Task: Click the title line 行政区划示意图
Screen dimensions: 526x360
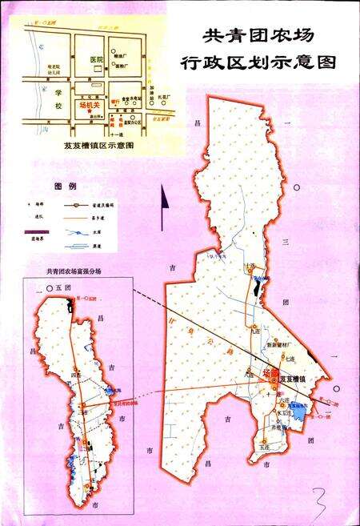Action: tap(258, 62)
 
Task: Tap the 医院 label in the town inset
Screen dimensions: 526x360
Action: tap(98, 60)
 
